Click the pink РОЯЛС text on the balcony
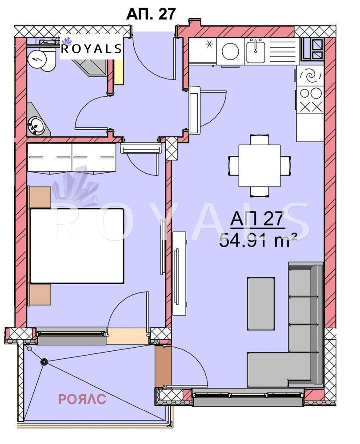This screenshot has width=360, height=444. [82, 399]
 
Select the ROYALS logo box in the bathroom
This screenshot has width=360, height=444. [91, 48]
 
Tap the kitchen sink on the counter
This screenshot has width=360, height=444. [256, 51]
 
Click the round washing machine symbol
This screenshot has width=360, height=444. [230, 52]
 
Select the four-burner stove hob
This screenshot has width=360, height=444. [310, 99]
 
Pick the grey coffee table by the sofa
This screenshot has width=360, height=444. [260, 297]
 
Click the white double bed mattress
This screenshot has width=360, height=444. [76, 246]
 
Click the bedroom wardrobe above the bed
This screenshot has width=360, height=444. [71, 158]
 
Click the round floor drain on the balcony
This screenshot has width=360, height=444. [44, 362]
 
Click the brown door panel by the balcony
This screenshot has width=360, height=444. [163, 367]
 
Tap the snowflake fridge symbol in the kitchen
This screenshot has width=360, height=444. [209, 44]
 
